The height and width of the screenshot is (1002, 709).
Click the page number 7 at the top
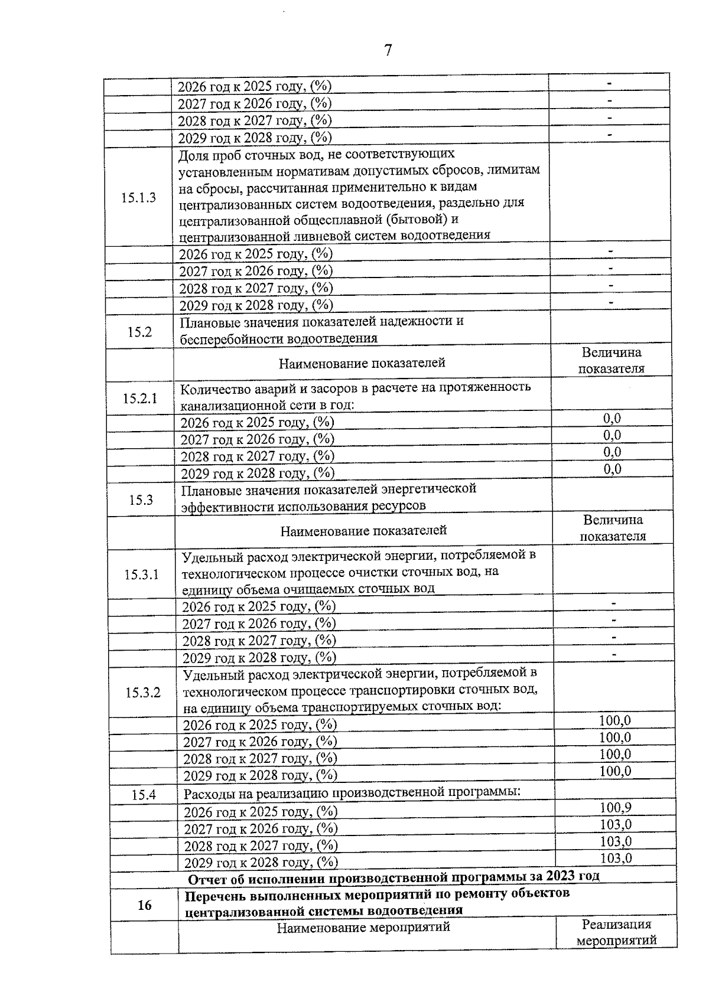tap(388, 51)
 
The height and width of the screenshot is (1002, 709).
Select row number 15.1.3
tap(139, 198)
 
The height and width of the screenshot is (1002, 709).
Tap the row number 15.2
tap(139, 332)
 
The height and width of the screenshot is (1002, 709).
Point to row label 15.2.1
tap(140, 399)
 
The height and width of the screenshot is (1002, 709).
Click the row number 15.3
tap(141, 500)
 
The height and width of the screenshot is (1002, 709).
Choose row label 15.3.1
tap(142, 575)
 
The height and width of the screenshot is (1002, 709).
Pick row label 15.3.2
tap(143, 693)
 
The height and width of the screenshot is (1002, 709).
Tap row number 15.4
tap(144, 795)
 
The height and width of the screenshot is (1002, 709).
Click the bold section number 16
tap(144, 905)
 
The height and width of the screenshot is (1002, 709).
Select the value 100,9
tap(616, 808)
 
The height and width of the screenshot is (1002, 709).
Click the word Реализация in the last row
tap(616, 925)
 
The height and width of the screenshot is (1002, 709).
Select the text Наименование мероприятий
tap(363, 928)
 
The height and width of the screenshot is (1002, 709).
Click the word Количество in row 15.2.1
tap(212, 388)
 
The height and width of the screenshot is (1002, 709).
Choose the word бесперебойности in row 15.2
tap(232, 340)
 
